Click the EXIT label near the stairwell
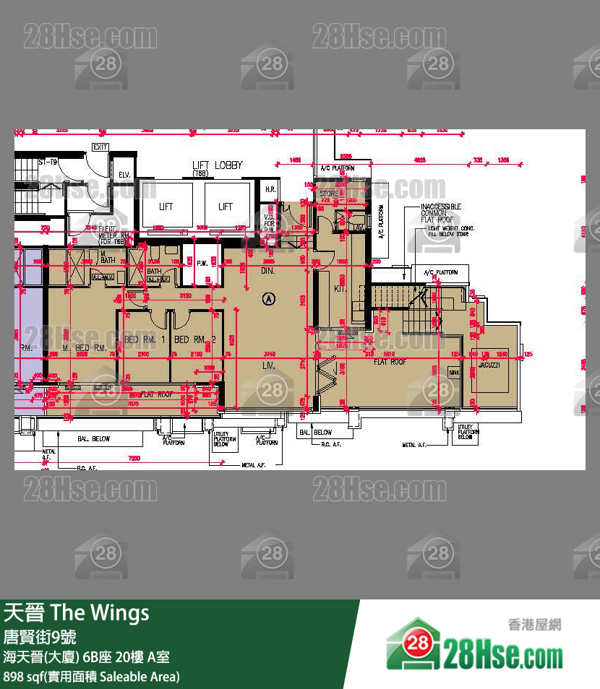pos(100,147)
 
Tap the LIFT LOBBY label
pos(217,165)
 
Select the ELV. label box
pos(124,174)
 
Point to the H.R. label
pos(270,189)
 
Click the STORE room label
pos(329,194)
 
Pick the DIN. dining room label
pos(267,270)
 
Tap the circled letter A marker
pos(270,297)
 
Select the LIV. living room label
pos(270,367)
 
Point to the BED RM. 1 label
pos(145,339)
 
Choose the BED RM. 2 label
pos(195,339)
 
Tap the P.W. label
pos(202,263)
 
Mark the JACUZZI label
pos(489,365)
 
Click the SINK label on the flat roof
pos(454,373)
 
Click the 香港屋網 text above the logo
pos(535,625)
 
